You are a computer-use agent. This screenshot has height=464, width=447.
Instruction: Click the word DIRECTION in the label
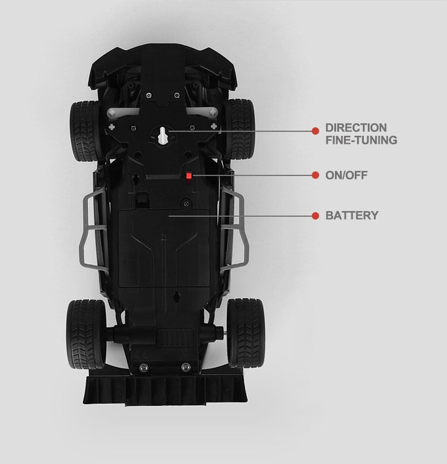pos(356,128)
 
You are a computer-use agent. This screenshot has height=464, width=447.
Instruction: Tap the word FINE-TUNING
pos(361,140)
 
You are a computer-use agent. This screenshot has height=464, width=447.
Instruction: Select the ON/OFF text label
pos(346,175)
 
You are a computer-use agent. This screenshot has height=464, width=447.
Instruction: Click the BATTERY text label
pos(352,216)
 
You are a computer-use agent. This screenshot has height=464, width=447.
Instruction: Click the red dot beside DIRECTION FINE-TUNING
pos(315,131)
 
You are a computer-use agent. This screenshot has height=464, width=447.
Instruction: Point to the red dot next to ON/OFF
pos(315,175)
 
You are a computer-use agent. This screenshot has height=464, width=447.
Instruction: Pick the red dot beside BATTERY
pos(315,216)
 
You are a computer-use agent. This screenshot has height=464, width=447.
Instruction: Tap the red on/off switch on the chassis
pos(189,176)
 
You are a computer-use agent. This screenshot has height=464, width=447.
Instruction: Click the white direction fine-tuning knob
pos(162,136)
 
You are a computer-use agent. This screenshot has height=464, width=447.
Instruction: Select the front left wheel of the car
pos(85,131)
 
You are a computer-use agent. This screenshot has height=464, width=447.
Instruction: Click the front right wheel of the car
pos(240,130)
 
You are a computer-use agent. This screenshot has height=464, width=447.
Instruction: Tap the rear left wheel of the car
pos(86,334)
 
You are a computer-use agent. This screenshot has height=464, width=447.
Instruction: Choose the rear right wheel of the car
pos(246,333)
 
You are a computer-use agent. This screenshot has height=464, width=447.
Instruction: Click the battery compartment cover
pos(164,248)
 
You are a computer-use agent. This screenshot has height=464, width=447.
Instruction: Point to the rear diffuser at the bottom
pos(165,390)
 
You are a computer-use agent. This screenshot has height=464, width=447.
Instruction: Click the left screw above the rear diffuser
pos(144,367)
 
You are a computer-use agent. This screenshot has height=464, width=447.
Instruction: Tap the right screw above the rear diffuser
pos(186,367)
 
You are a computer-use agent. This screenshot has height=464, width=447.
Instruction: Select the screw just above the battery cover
pos(186,203)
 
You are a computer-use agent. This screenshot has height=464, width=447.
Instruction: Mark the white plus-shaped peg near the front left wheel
pos(111,127)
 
